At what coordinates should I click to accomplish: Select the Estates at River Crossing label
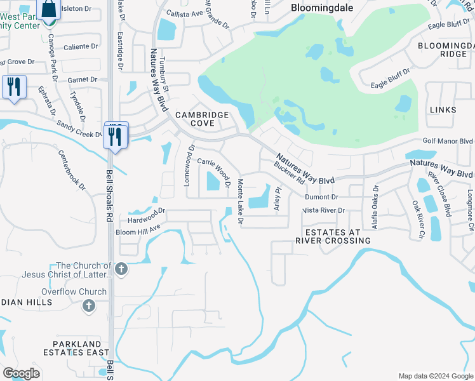[x=333, y=236]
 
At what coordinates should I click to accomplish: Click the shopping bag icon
[x=48, y=10]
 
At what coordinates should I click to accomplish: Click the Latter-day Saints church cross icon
[x=121, y=270]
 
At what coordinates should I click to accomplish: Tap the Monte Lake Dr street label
[x=240, y=201]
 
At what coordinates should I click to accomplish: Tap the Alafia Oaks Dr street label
[x=375, y=199]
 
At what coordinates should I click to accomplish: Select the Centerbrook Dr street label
[x=71, y=170]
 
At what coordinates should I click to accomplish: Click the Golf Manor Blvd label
[x=448, y=142]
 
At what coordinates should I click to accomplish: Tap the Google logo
[x=21, y=373]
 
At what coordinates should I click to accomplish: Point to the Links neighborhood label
[x=443, y=110]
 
